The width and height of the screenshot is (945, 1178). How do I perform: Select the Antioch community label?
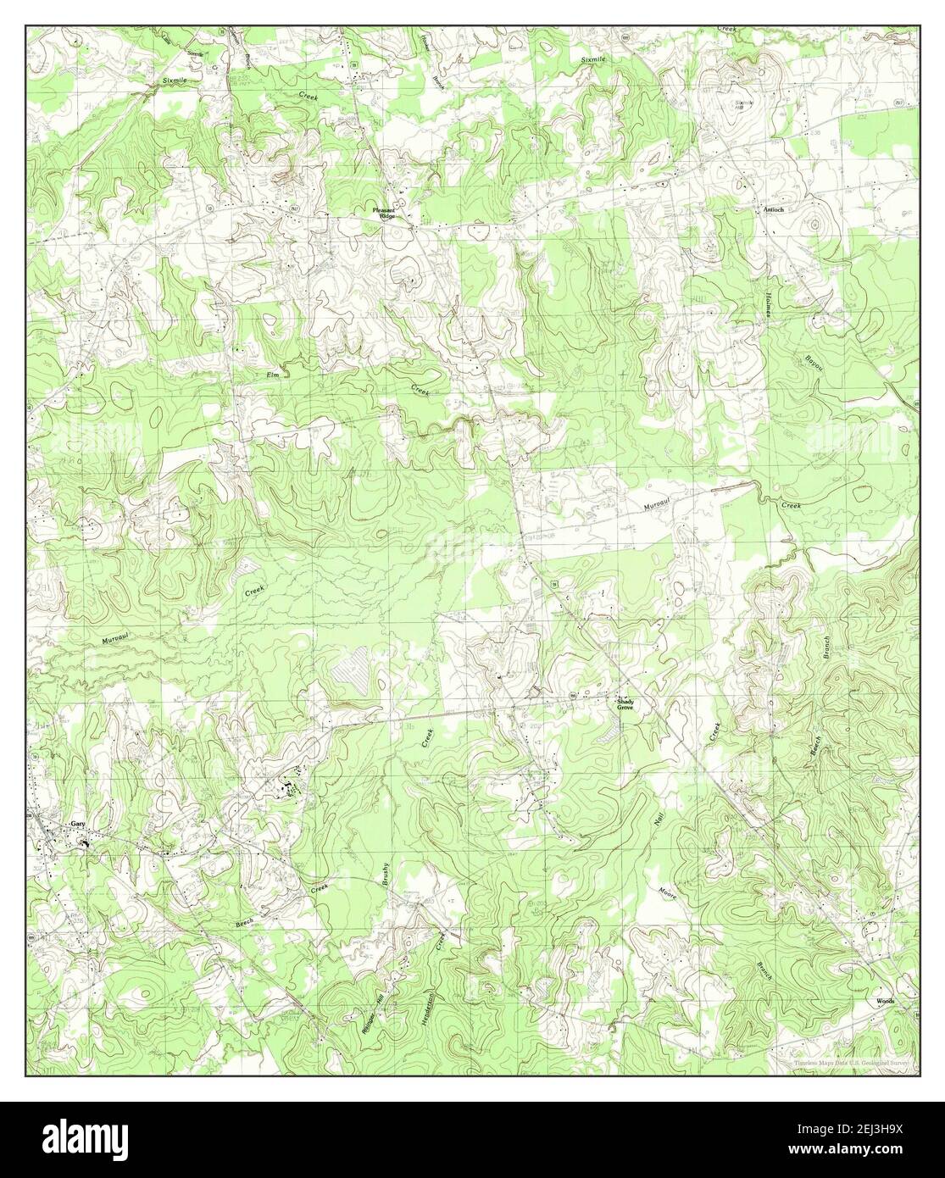coord(772,208)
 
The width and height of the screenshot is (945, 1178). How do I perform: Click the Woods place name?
coord(885,1000)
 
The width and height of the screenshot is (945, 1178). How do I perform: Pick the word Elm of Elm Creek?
coord(273,370)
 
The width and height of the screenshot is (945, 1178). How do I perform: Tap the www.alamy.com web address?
coord(881,1153)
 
